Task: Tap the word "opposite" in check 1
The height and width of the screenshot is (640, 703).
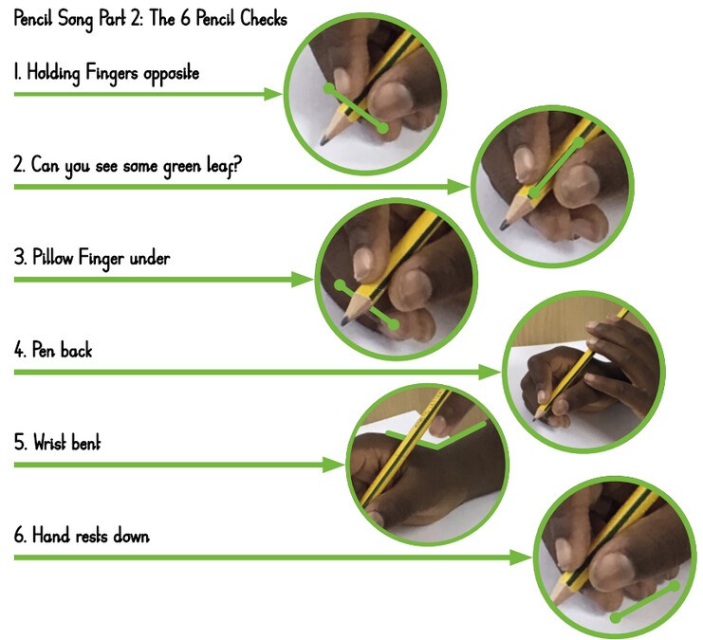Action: (x=172, y=74)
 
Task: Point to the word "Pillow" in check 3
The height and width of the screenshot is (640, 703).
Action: (x=52, y=258)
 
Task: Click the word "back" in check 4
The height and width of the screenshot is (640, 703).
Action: (x=76, y=350)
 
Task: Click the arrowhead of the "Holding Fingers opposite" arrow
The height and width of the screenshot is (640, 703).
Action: (x=272, y=94)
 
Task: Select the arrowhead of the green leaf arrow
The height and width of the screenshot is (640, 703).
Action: (x=458, y=187)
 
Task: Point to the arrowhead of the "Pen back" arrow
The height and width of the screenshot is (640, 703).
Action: (x=490, y=372)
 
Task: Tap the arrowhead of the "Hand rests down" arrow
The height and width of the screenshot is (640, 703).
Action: (x=521, y=558)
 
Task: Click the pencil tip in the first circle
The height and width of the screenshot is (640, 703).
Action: (x=324, y=141)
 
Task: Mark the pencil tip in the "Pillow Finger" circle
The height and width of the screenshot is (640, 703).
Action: (x=345, y=321)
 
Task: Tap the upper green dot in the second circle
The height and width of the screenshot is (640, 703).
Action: (x=579, y=142)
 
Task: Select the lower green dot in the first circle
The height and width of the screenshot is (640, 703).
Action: (x=382, y=128)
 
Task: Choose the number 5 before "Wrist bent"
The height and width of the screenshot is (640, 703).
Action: (x=20, y=443)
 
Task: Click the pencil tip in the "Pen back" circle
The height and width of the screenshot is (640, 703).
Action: (x=535, y=419)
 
